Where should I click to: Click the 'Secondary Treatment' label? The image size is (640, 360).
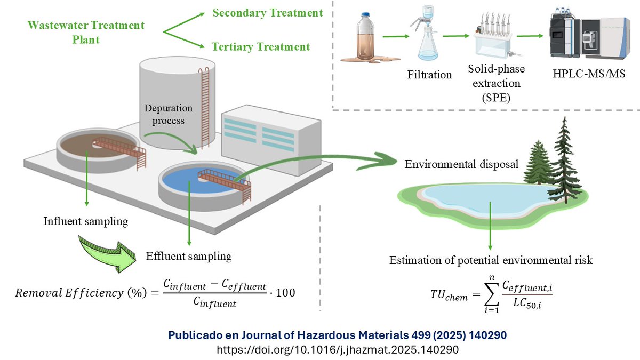click(267, 13)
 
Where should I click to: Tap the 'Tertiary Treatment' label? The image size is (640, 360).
click(261, 47)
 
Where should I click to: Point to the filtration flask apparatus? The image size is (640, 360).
click(426, 38)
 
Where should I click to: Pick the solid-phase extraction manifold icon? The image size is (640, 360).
click(494, 40)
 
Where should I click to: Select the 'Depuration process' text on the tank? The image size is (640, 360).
click(169, 114)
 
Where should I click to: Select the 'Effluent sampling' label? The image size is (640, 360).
click(189, 256)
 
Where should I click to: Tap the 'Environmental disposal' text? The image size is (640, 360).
click(461, 164)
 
